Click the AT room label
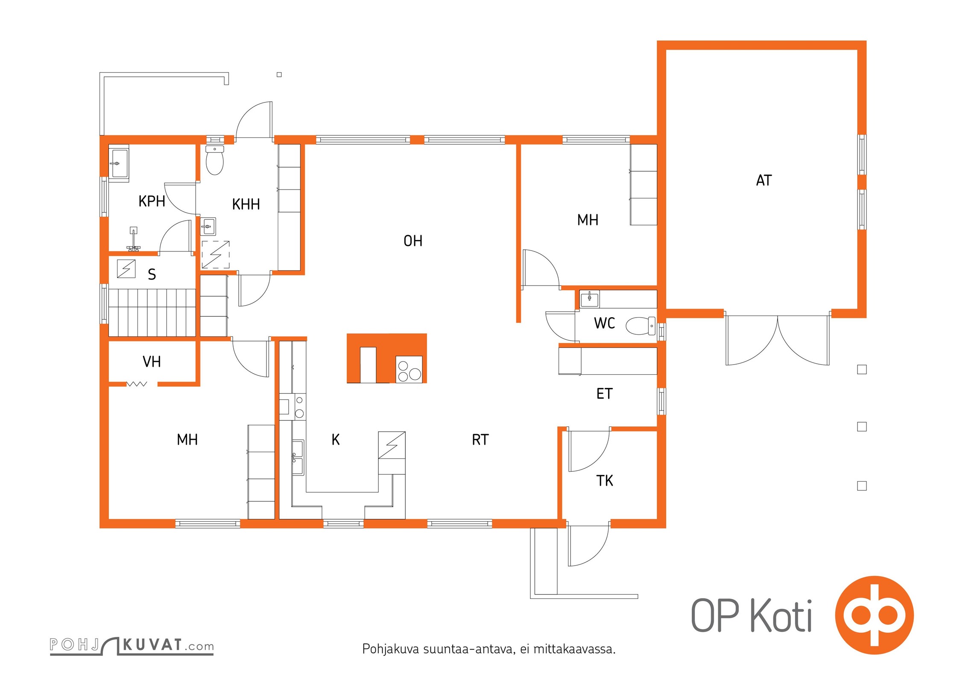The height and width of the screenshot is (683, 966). pyautogui.click(x=764, y=181)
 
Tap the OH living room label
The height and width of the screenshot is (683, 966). pyautogui.click(x=413, y=241)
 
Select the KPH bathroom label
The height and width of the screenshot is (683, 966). pyautogui.click(x=152, y=201)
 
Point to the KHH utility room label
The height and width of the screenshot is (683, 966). pyautogui.click(x=246, y=204)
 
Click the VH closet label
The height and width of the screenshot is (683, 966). pyautogui.click(x=152, y=362)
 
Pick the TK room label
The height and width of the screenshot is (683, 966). pyautogui.click(x=605, y=481)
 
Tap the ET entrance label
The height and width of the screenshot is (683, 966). pyautogui.click(x=605, y=394)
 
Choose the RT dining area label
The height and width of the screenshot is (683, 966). pyautogui.click(x=480, y=440)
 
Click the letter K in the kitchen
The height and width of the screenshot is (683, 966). pyautogui.click(x=336, y=440)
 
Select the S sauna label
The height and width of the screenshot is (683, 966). pyautogui.click(x=152, y=274)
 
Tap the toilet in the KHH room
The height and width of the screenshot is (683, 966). pyautogui.click(x=215, y=161)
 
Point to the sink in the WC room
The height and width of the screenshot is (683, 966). pyautogui.click(x=590, y=299)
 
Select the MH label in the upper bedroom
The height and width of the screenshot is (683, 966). pyautogui.click(x=588, y=220)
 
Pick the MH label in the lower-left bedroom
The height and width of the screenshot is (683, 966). pyautogui.click(x=187, y=440)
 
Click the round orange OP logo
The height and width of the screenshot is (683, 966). pyautogui.click(x=874, y=615)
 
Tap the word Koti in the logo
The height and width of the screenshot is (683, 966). pyautogui.click(x=782, y=616)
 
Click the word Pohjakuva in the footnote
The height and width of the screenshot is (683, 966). pyautogui.click(x=390, y=649)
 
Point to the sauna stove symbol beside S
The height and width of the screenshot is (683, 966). pyautogui.click(x=126, y=269)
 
